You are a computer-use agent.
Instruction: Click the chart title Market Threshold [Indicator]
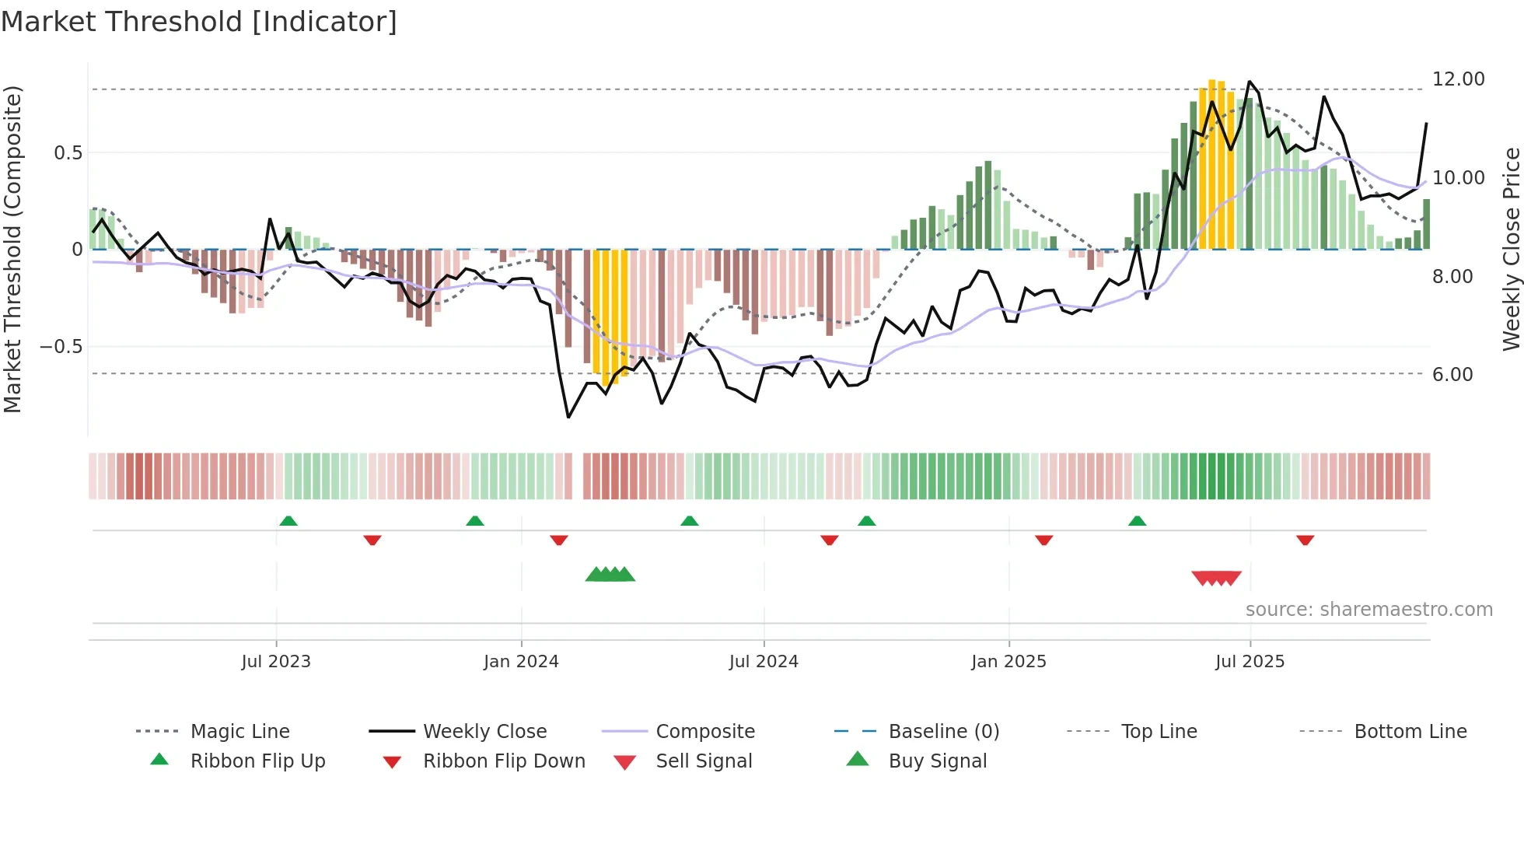(x=199, y=22)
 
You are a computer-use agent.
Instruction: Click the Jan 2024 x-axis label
(x=521, y=662)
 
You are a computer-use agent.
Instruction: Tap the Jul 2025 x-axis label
(x=1250, y=662)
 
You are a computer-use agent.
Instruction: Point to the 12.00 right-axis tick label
(x=1458, y=79)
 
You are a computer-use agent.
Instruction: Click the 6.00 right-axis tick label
(x=1452, y=375)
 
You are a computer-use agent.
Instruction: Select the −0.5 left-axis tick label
(x=61, y=347)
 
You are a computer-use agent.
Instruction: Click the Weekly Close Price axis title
(x=1510, y=249)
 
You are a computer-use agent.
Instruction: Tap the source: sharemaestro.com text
(x=1368, y=610)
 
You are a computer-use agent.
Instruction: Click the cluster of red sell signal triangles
(x=1216, y=579)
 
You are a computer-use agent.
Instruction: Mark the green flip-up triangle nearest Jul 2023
(x=288, y=520)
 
